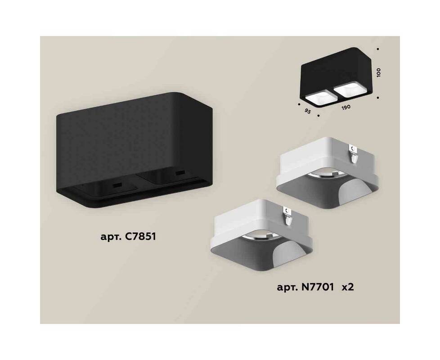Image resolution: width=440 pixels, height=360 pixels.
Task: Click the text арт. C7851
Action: [128, 237]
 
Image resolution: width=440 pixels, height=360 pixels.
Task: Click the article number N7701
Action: [319, 287]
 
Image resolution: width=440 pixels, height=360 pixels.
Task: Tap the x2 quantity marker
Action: [347, 288]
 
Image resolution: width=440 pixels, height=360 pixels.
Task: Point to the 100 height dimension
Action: [379, 72]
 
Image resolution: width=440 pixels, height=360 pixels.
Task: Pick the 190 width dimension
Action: [346, 107]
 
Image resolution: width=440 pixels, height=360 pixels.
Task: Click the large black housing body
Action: [134, 150]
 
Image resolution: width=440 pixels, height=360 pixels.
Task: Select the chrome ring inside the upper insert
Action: [324, 176]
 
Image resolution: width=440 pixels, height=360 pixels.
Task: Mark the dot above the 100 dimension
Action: [378, 49]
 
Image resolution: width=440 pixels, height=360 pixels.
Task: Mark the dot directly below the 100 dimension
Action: [378, 98]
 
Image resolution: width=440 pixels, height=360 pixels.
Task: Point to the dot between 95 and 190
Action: [318, 115]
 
